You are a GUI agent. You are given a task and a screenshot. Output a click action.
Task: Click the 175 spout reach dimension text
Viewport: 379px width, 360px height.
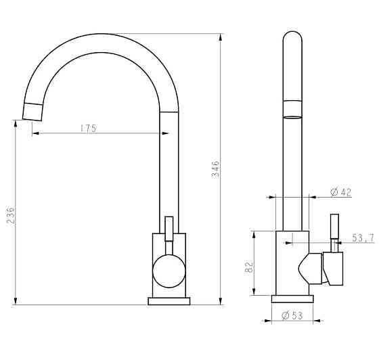(x=88, y=129)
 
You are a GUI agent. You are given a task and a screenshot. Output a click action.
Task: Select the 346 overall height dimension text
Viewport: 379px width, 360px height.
(x=215, y=169)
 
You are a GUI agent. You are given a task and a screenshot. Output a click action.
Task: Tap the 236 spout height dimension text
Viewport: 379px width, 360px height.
(x=10, y=215)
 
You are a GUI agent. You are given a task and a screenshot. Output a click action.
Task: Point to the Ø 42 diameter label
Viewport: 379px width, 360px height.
(x=341, y=192)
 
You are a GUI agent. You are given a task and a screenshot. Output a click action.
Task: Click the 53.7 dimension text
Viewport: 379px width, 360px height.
(x=363, y=238)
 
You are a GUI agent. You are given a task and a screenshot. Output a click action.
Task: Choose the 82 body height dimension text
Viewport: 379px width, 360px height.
(x=249, y=267)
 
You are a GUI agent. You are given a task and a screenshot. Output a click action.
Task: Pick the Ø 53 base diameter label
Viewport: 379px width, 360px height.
(x=292, y=315)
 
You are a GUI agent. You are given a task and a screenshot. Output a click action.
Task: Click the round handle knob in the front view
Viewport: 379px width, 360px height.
(x=169, y=271)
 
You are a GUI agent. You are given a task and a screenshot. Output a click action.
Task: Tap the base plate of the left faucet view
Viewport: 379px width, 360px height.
(x=169, y=301)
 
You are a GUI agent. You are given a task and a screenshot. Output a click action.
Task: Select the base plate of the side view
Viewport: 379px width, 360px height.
(x=292, y=299)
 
